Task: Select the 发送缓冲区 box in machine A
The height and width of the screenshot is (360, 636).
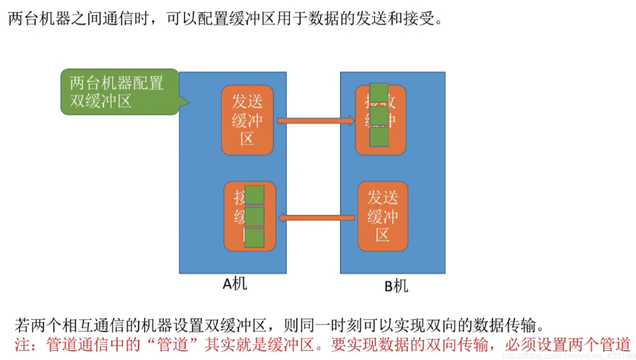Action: pyautogui.click(x=247, y=119)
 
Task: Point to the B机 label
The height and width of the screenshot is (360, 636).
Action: pyautogui.click(x=395, y=286)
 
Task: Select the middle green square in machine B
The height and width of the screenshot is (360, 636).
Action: pyautogui.click(x=379, y=115)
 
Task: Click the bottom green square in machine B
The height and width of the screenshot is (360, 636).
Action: pyautogui.click(x=379, y=137)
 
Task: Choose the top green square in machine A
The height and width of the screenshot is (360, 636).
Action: pyautogui.click(x=253, y=195)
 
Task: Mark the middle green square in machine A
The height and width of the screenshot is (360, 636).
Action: pyautogui.click(x=253, y=217)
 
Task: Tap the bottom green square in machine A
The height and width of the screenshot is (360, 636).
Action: pyautogui.click(x=253, y=238)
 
